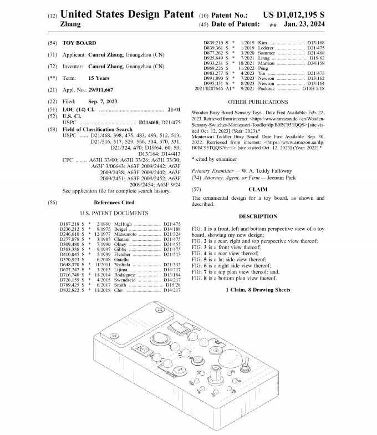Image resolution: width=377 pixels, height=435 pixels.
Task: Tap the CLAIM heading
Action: click(x=258, y=189)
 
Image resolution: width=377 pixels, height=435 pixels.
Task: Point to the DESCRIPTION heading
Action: click(x=258, y=216)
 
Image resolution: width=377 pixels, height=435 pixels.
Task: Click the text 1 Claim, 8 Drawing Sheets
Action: click(x=258, y=290)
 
